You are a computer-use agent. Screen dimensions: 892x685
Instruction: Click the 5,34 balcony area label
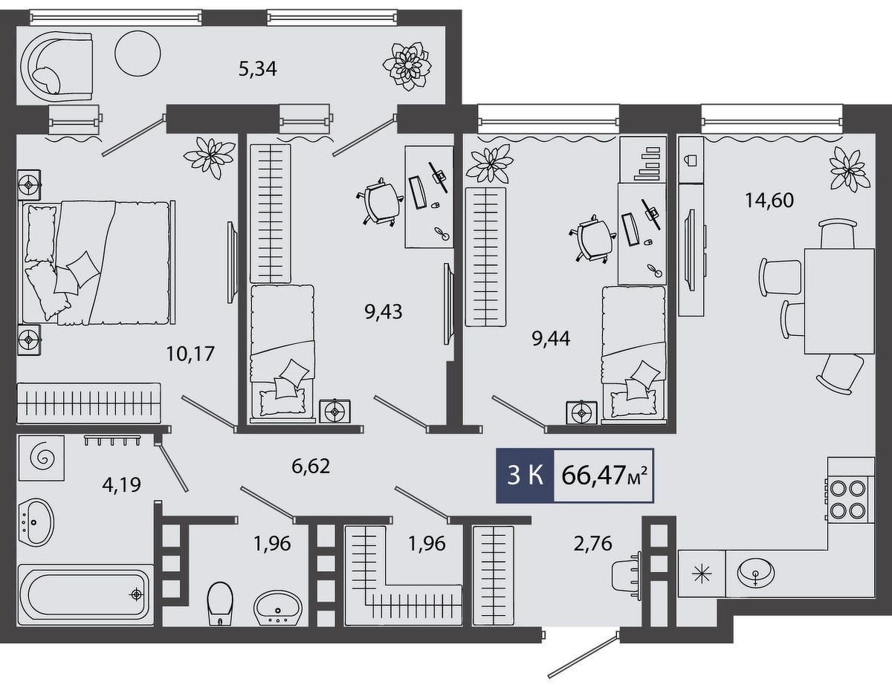point(258,69)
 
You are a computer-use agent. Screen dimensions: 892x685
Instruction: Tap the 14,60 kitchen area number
point(769,201)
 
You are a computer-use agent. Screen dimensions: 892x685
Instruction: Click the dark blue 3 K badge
point(525,475)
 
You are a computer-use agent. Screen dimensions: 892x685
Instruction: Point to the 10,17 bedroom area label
point(190,354)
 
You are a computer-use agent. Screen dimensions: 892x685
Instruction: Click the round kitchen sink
point(756,573)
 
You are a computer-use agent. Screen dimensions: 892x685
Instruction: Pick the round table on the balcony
point(138,53)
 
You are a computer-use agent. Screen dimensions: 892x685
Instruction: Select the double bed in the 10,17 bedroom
point(97,262)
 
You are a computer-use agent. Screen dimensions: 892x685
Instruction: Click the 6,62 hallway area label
point(311,467)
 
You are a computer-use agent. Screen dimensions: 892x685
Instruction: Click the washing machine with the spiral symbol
point(42,458)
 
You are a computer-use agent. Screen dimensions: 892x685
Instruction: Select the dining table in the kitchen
point(839,301)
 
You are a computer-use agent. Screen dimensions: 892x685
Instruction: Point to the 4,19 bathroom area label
point(121,484)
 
